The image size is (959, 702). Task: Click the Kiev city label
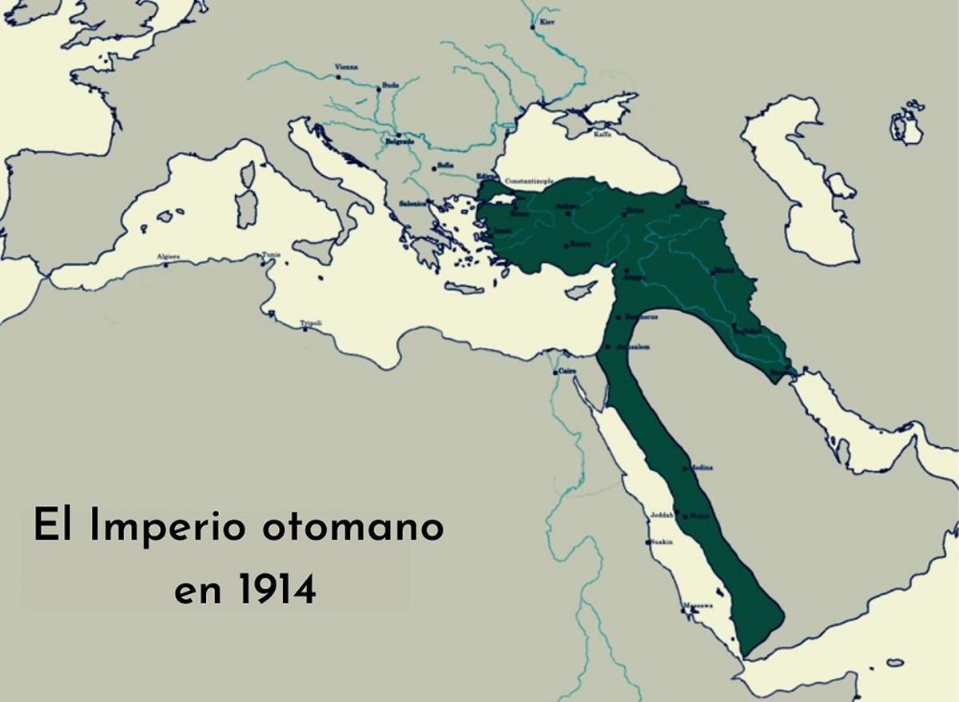pyautogui.click(x=547, y=22)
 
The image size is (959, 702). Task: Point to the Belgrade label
pyautogui.click(x=400, y=142)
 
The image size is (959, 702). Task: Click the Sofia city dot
pyautogui.click(x=432, y=168)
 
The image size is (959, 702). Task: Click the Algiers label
pyautogui.click(x=169, y=257)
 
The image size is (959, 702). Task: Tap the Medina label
pyautogui.click(x=700, y=467)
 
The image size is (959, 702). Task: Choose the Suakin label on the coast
pyautogui.click(x=662, y=541)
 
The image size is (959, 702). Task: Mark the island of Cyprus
pyautogui.click(x=580, y=290)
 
